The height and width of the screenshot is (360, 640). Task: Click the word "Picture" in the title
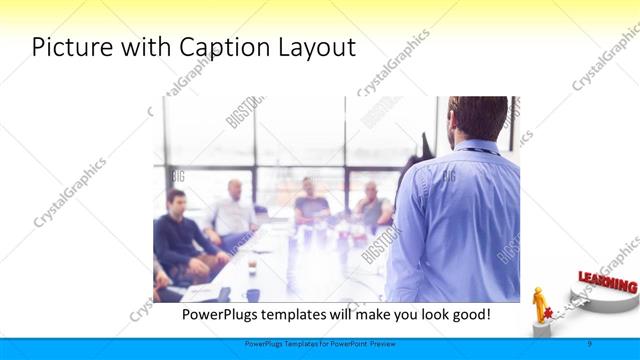tap(71, 47)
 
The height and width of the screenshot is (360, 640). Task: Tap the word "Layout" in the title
tap(318, 47)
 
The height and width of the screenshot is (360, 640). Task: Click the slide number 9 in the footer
tap(589, 343)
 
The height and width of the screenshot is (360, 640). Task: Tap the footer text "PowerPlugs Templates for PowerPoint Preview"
tap(319, 343)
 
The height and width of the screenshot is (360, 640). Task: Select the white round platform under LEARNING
tap(600, 300)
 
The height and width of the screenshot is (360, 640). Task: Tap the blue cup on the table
tap(253, 294)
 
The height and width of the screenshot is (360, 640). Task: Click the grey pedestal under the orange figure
tap(541, 329)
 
